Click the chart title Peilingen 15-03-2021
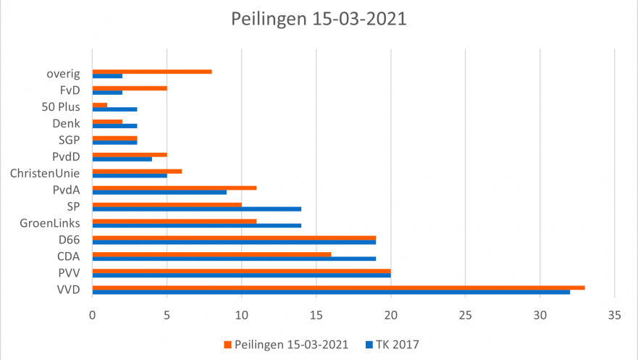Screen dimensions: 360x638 click(319, 19)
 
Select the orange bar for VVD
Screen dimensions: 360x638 click(338, 288)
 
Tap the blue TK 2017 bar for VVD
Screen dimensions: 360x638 click(331, 292)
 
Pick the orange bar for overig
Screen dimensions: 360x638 click(152, 72)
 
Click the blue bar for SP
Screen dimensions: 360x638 click(196, 209)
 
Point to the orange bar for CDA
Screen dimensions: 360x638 click(211, 254)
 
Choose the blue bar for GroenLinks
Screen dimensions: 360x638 click(196, 225)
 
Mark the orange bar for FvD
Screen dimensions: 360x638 click(130, 88)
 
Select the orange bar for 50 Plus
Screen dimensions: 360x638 click(100, 104)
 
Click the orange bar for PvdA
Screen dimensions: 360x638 click(175, 188)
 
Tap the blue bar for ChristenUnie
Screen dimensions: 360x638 click(130, 175)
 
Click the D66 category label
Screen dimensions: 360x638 click(70, 240)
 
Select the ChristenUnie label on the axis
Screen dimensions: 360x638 click(45, 173)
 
